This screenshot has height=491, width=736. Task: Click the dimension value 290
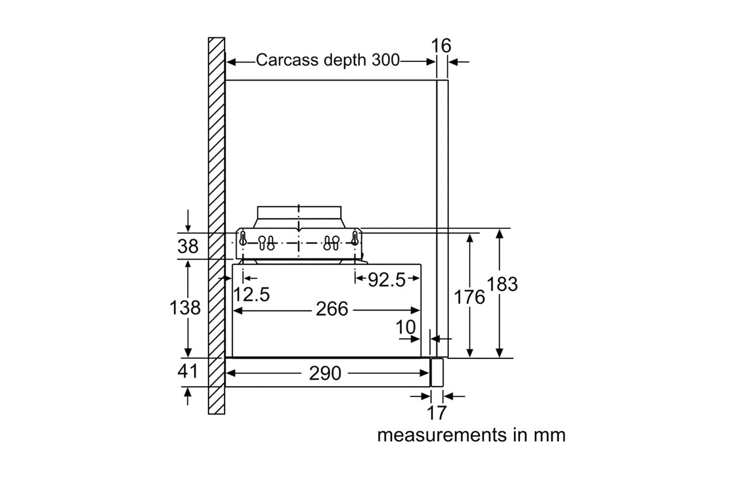pos(325,373)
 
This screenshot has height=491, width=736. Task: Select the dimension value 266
pos(332,309)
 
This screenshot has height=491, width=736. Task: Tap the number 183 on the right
pos(502,284)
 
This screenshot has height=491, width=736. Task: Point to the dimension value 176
pos(469,297)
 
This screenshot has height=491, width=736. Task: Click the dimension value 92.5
pos(386,280)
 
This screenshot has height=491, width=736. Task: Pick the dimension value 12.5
pos(251,295)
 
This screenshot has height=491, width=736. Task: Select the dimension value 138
pos(185,307)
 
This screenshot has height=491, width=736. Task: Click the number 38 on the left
pos(188,246)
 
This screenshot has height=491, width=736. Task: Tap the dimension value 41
pos(188,371)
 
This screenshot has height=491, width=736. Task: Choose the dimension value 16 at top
pos(441,45)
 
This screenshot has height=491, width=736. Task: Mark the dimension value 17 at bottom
pos(437,412)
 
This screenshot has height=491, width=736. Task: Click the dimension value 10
pos(405,327)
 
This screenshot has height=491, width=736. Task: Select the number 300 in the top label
pos(384,60)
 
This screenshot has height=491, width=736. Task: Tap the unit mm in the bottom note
pos(548,435)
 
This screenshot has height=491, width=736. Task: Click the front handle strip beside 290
pos(437,372)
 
